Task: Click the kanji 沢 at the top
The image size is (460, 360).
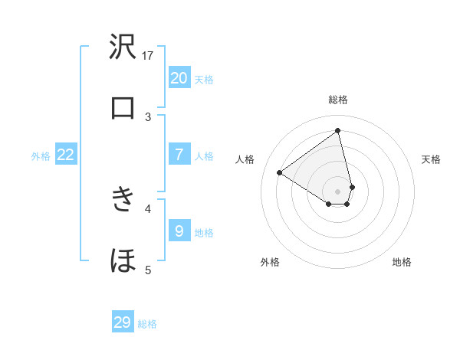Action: (x=123, y=47)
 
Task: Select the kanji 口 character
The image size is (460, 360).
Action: (x=123, y=108)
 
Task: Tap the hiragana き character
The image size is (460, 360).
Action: (x=123, y=199)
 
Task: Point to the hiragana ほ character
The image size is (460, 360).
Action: (x=123, y=260)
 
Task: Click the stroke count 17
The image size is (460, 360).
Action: (x=149, y=55)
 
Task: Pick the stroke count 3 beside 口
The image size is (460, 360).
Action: (x=149, y=116)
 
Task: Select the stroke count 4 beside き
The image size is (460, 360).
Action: (x=149, y=208)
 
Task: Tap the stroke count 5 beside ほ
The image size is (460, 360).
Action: (x=149, y=269)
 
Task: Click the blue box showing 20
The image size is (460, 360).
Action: (x=179, y=77)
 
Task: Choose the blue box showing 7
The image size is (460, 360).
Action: (x=179, y=154)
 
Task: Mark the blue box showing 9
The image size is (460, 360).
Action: (x=179, y=231)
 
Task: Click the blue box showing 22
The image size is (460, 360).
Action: (x=66, y=155)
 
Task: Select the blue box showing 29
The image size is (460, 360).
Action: (x=123, y=322)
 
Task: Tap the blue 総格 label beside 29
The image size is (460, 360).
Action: (x=147, y=325)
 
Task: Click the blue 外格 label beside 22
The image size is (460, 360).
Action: (x=41, y=156)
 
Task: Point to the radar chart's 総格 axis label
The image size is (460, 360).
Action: (x=338, y=100)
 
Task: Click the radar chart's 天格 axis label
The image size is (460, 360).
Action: (x=431, y=159)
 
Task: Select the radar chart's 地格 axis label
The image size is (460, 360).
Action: (x=402, y=262)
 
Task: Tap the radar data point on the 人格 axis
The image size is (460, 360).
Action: (x=280, y=172)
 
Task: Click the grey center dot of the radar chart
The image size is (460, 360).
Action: (x=338, y=191)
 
